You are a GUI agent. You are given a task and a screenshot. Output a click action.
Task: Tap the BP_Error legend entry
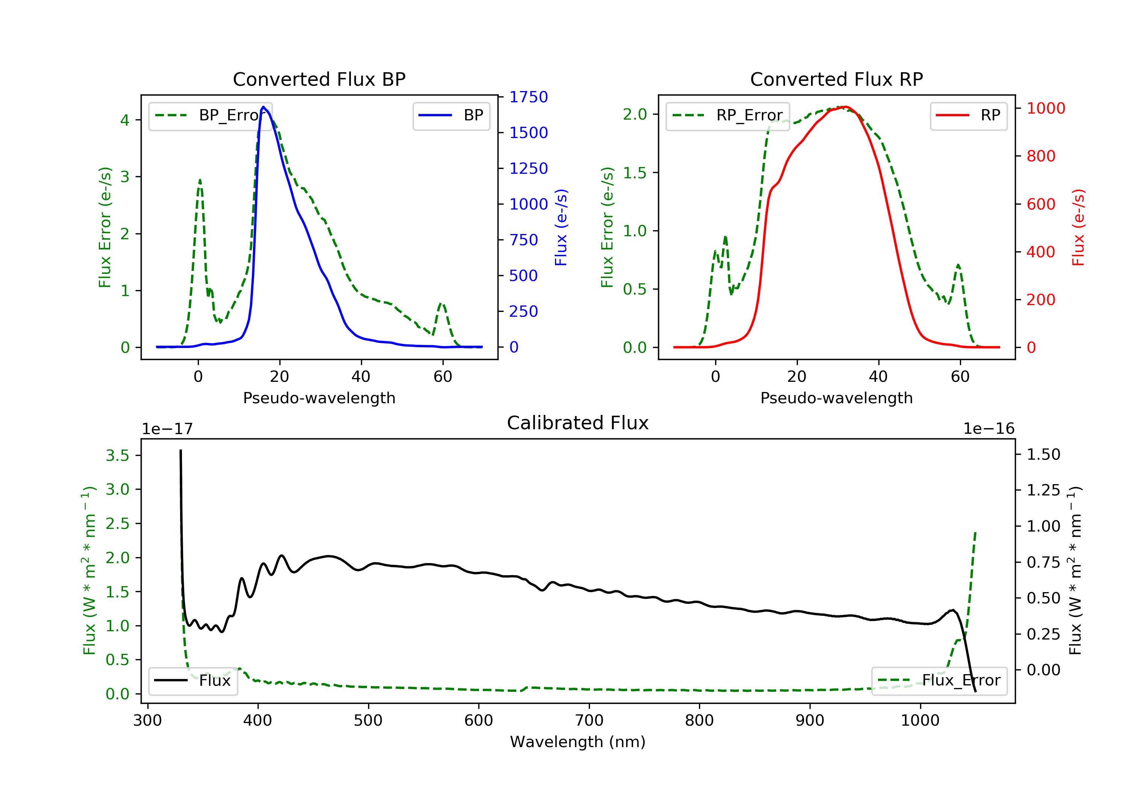[x=210, y=115]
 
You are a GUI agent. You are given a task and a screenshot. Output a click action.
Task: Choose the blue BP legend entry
[x=451, y=115]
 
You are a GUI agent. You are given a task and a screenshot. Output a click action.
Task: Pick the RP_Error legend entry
[x=727, y=115]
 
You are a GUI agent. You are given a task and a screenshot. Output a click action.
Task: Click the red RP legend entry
[x=968, y=115]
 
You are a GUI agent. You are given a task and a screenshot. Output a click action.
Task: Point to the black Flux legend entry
[x=193, y=681]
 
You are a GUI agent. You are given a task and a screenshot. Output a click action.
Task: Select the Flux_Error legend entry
[x=939, y=681]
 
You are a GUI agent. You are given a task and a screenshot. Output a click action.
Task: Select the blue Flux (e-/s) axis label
[x=561, y=227]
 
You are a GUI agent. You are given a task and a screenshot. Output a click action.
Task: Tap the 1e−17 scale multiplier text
[x=167, y=429]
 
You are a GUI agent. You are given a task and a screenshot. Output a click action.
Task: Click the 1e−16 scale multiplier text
[x=989, y=429]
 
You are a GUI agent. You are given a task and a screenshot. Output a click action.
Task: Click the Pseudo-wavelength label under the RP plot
[x=836, y=398]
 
